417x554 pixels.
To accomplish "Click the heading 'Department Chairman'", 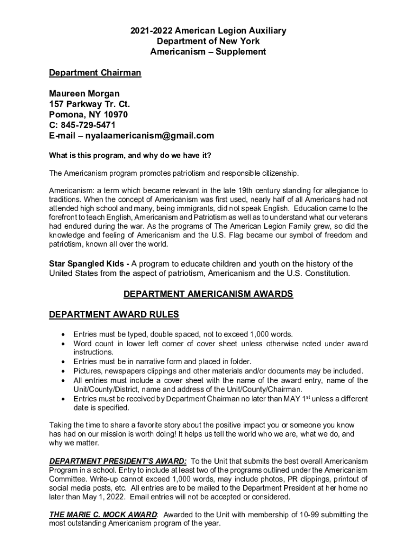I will [x=95, y=73].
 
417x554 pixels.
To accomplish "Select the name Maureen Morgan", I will [x=84, y=94].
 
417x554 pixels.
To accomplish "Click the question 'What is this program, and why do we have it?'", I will [x=130, y=156].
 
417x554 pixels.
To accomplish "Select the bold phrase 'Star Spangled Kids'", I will [x=85, y=263].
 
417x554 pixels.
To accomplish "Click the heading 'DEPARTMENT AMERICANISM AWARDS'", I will [x=208, y=294].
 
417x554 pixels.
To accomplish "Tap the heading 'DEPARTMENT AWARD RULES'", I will [x=114, y=314].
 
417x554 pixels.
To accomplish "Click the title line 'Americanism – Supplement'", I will [x=208, y=52].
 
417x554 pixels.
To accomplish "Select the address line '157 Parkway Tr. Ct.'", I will [x=89, y=104].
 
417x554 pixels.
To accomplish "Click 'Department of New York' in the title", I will [x=208, y=42].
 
